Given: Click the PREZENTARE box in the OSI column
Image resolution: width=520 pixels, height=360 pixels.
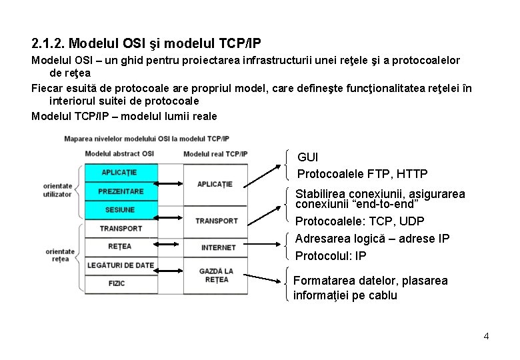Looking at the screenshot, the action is (x=121, y=191).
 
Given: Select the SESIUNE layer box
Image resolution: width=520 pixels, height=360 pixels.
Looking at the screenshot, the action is (x=121, y=210).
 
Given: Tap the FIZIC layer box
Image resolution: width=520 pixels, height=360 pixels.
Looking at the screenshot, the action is (x=117, y=283).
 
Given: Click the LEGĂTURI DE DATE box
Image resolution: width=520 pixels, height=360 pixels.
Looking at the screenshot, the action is (x=121, y=265).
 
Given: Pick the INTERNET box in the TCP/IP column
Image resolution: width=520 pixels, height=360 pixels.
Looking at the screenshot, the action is (x=218, y=247).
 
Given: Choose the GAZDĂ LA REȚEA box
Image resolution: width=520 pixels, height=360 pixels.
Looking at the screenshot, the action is (x=216, y=275).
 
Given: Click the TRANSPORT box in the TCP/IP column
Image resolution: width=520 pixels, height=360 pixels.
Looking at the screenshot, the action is (x=216, y=221).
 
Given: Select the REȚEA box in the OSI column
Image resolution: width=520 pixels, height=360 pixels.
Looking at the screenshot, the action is (x=120, y=247).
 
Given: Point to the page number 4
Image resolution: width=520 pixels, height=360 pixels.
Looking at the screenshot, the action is (x=486, y=336).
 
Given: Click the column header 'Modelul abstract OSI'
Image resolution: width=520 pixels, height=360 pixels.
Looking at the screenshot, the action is (x=119, y=154).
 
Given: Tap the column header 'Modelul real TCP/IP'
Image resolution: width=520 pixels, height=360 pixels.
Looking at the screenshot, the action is (x=215, y=154).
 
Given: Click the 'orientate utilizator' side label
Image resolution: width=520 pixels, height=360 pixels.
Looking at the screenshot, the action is (x=57, y=190).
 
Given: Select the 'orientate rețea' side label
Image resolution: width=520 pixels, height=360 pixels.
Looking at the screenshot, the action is (x=60, y=255).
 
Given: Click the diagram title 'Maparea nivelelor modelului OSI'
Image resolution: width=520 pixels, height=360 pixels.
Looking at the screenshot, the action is (x=146, y=139).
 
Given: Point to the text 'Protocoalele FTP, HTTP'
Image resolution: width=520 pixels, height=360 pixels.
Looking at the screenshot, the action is (x=362, y=174).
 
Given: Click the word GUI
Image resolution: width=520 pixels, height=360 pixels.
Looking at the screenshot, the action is (x=307, y=157).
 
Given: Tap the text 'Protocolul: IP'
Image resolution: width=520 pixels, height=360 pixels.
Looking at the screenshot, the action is (x=331, y=256).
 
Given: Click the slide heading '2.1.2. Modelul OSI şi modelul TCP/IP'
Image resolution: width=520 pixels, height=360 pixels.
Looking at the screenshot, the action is (x=146, y=44).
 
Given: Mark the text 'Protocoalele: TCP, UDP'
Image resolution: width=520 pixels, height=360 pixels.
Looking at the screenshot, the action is (x=359, y=221).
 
